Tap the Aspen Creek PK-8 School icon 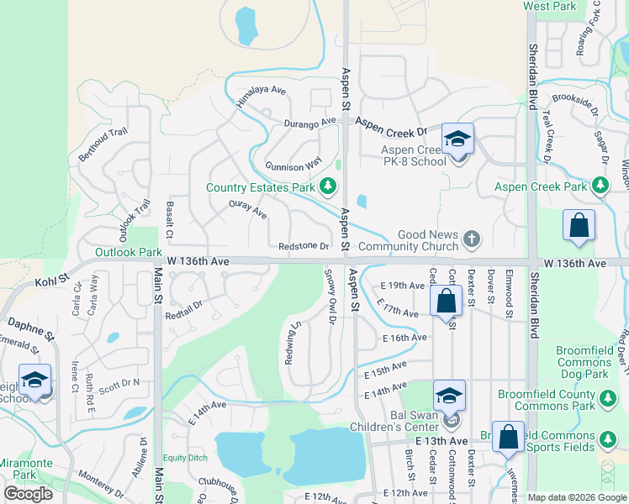[x=458, y=140]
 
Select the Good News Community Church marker [x=472, y=239]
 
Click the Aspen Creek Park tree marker [x=600, y=186]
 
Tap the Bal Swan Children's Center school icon [x=450, y=397]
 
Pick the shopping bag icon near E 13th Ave [x=508, y=438]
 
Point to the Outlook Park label [x=128, y=252]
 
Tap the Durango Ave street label [x=311, y=123]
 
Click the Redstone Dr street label [x=304, y=246]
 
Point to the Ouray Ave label [x=247, y=210]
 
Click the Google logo [x=29, y=493]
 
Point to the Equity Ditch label [x=185, y=458]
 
